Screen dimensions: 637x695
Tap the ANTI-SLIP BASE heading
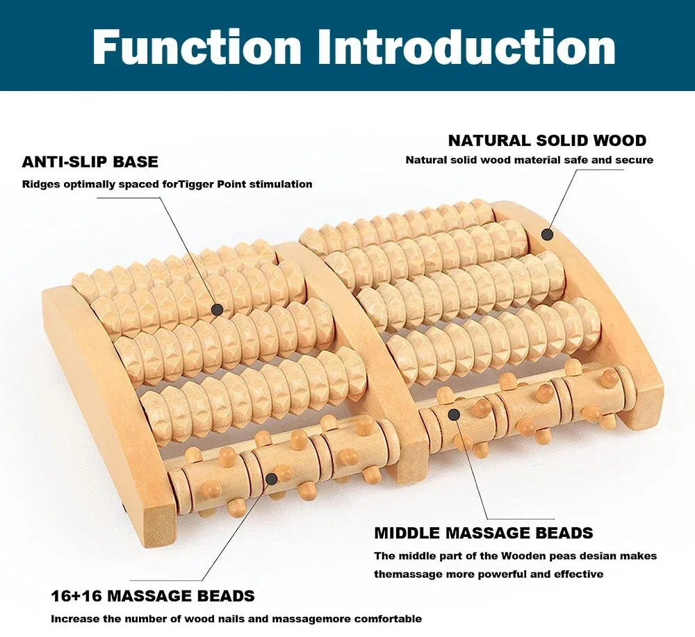90,162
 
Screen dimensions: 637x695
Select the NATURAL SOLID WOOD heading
547,140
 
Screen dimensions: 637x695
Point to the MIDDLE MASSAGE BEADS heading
483,533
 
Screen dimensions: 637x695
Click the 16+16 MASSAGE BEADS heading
152,596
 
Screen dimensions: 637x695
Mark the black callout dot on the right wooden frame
547,235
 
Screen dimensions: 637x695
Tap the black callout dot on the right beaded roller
454,415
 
